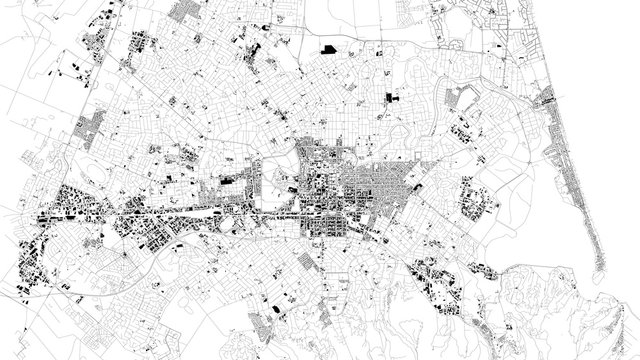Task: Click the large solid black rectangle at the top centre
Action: click(x=328, y=47)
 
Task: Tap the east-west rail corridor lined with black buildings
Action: click(x=180, y=212)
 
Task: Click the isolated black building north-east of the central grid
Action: click(x=389, y=97)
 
